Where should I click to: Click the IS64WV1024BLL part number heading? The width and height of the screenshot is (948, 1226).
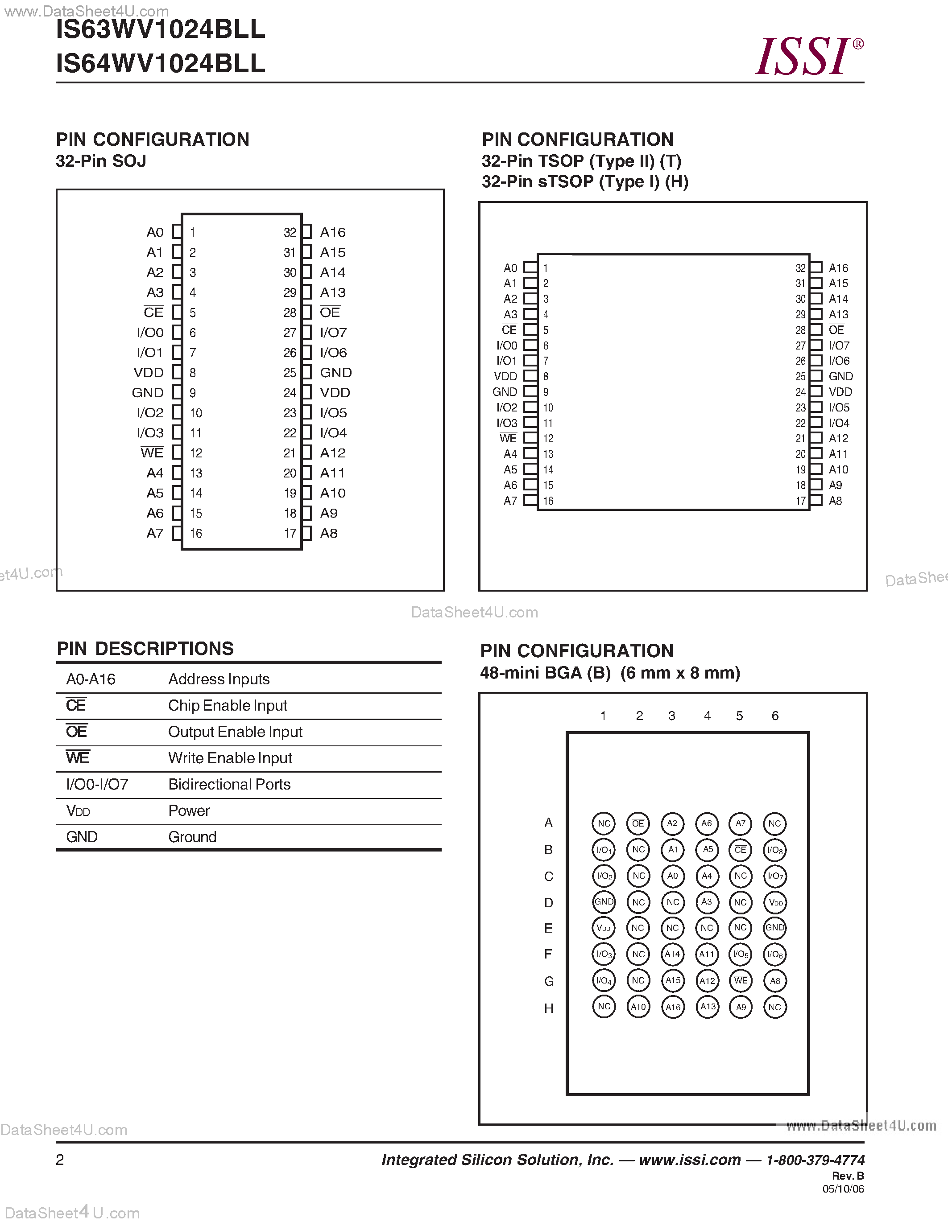[x=161, y=63]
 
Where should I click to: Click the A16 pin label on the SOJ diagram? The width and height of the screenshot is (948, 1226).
[x=332, y=232]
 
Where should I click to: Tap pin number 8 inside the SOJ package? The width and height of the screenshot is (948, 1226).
[x=193, y=373]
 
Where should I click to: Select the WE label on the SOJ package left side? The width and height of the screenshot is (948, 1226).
[x=152, y=453]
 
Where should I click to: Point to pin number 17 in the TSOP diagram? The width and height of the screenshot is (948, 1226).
[x=801, y=501]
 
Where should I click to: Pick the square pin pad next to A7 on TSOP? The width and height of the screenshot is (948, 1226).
[x=530, y=500]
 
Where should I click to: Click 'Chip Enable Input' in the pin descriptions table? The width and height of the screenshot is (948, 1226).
[x=228, y=706]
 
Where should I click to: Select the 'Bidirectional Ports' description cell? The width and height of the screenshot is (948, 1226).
[x=229, y=784]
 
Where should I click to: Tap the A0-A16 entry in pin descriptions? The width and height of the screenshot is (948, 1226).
[x=91, y=679]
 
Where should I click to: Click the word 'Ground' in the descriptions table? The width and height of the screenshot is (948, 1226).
[x=192, y=837]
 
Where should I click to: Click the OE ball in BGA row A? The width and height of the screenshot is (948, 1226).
[x=638, y=823]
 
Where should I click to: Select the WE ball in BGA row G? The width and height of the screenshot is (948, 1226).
[x=741, y=980]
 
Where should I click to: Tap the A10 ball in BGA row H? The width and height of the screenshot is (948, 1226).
[x=638, y=1007]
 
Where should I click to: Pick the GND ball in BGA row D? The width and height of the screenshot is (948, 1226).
[x=604, y=901]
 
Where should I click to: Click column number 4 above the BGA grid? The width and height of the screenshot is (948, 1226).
[x=707, y=716]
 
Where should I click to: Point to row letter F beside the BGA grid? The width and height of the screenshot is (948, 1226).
[x=548, y=954]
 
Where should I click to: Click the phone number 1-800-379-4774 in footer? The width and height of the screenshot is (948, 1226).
[x=815, y=1160]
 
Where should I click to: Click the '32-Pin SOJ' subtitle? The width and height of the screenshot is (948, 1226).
[x=101, y=161]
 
